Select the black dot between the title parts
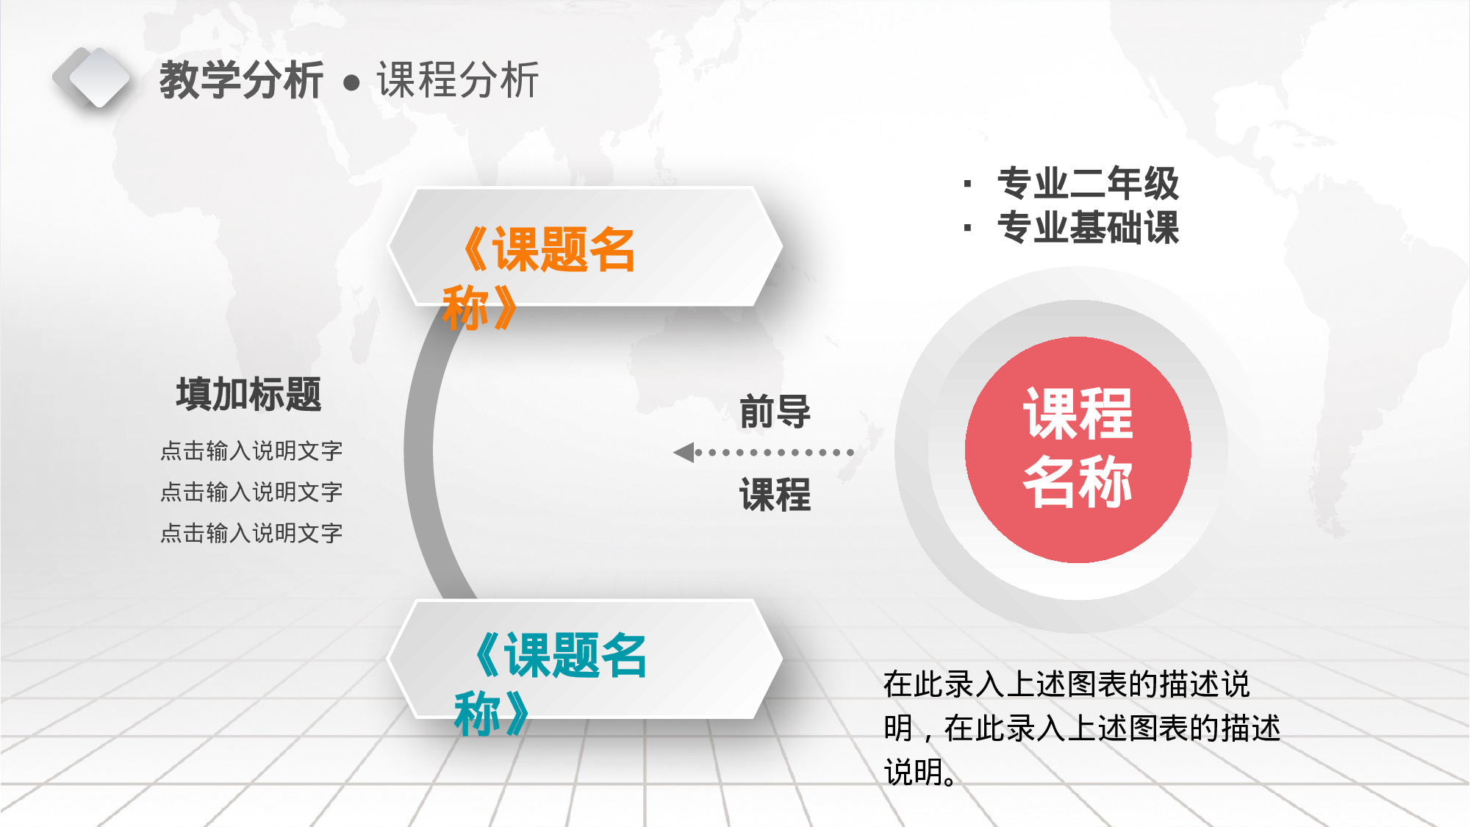click(x=351, y=82)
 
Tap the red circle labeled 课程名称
click(x=1078, y=449)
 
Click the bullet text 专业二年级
click(x=1088, y=183)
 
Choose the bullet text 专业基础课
click(x=1088, y=227)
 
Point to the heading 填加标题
click(x=249, y=394)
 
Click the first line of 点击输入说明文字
click(x=251, y=451)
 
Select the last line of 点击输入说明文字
click(x=251, y=533)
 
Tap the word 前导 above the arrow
click(x=775, y=411)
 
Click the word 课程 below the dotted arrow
click(x=775, y=494)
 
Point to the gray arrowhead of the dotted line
click(x=684, y=452)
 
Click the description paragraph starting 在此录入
click(x=1080, y=728)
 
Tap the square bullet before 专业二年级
click(x=967, y=184)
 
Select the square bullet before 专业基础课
click(x=967, y=228)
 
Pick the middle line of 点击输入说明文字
click(x=251, y=492)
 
